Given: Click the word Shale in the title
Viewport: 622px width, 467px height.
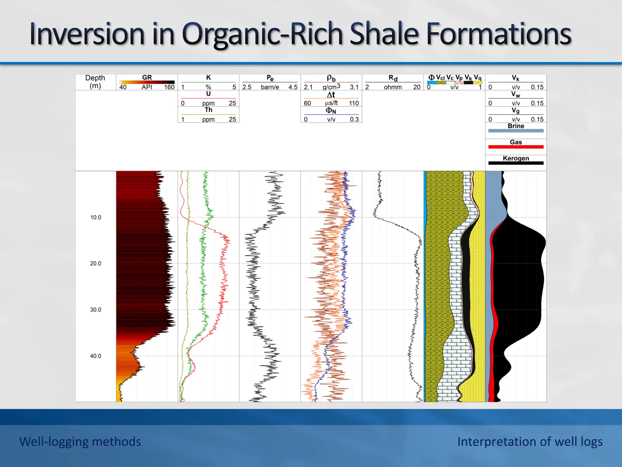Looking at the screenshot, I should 385,34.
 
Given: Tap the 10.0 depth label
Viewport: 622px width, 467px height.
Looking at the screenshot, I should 95,217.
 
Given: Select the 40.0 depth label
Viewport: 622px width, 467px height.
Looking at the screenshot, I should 95,356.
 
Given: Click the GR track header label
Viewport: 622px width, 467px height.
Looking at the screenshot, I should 147,78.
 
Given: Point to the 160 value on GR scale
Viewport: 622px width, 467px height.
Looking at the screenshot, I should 169,87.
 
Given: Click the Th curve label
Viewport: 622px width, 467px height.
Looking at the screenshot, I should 208,110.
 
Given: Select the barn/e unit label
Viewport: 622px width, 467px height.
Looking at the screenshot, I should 270,87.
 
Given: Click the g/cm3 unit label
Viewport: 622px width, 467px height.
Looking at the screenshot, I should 331,87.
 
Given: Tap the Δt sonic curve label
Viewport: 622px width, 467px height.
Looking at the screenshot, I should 331,95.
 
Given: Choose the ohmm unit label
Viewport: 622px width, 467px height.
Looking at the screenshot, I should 393,87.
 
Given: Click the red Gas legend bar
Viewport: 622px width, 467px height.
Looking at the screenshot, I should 516,147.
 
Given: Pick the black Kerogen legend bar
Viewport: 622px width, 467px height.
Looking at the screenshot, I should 516,163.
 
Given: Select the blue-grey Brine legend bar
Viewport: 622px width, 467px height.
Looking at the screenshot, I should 516,131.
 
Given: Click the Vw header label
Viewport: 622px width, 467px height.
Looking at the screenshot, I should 516,95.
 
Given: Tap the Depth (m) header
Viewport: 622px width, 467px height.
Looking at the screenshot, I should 95,82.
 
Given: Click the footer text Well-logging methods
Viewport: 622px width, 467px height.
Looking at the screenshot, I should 80,441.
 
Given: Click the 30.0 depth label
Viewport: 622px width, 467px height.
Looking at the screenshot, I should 95,310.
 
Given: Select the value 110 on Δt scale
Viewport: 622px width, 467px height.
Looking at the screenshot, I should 354,103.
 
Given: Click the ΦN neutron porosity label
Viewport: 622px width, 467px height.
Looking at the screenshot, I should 331,111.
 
